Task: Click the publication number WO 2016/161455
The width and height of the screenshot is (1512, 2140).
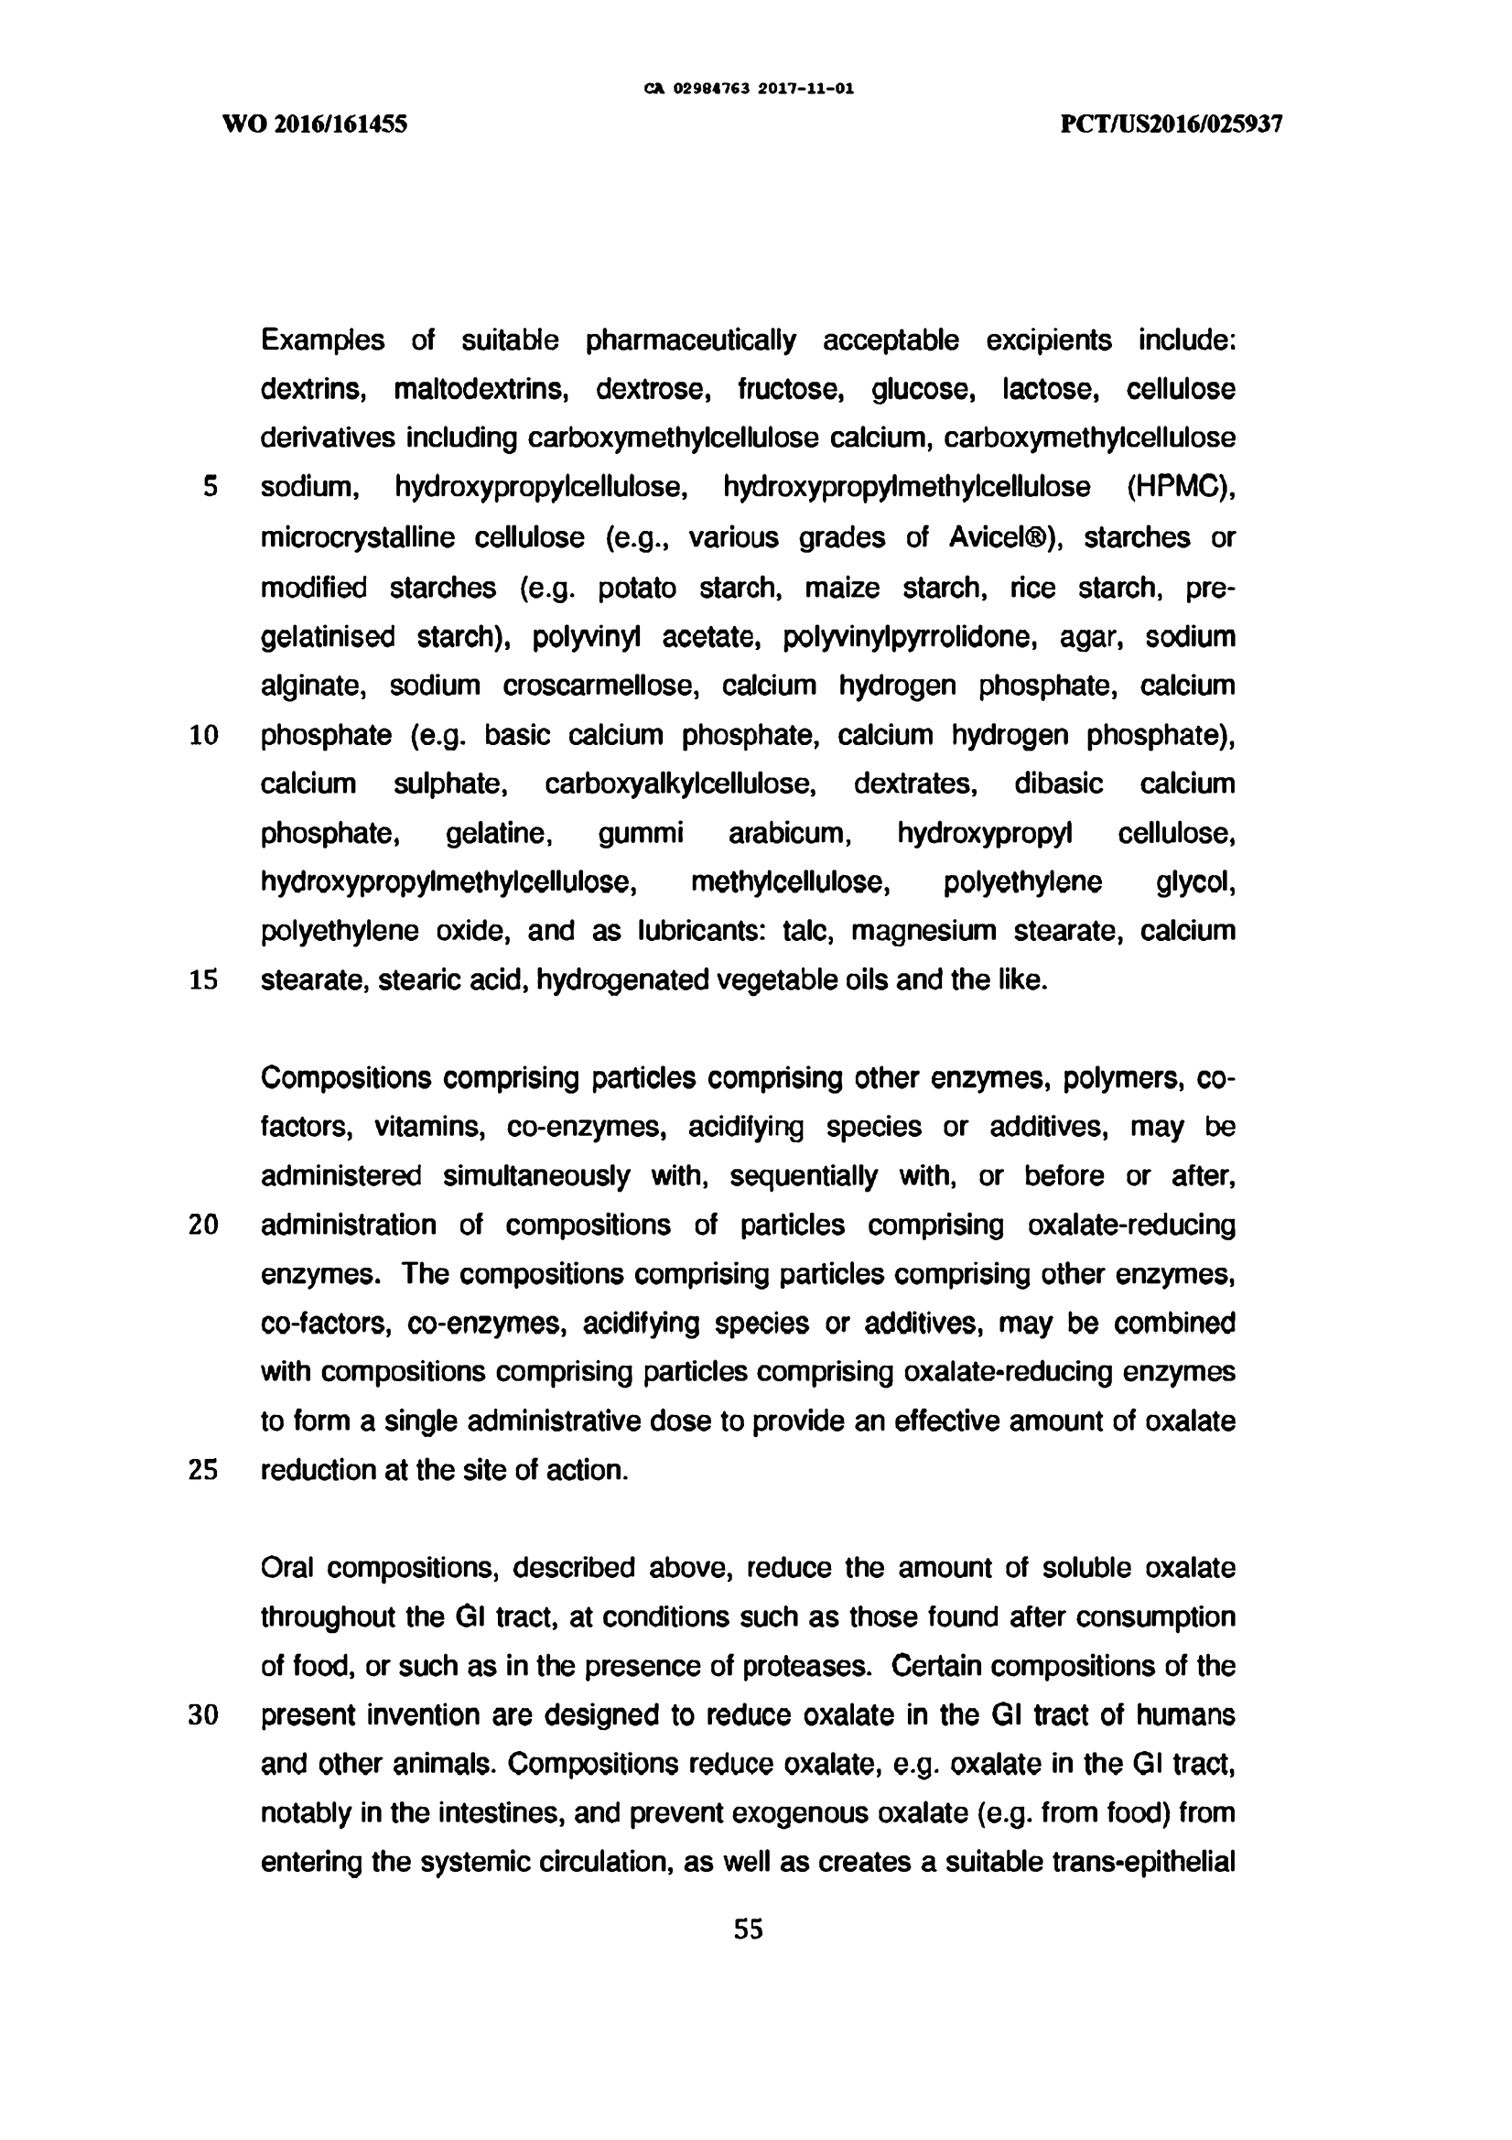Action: (315, 124)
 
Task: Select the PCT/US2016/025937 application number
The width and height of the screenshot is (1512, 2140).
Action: (1172, 124)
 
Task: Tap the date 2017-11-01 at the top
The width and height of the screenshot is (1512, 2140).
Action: (806, 90)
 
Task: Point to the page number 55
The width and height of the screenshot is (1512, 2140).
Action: (749, 1929)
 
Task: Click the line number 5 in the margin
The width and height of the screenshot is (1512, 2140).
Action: (211, 487)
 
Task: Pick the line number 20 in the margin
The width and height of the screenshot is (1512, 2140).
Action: (203, 1225)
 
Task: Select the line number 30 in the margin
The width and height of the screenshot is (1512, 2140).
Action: (203, 1715)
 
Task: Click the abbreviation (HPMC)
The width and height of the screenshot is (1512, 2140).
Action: (1181, 487)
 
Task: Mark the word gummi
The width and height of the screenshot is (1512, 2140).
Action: (641, 832)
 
